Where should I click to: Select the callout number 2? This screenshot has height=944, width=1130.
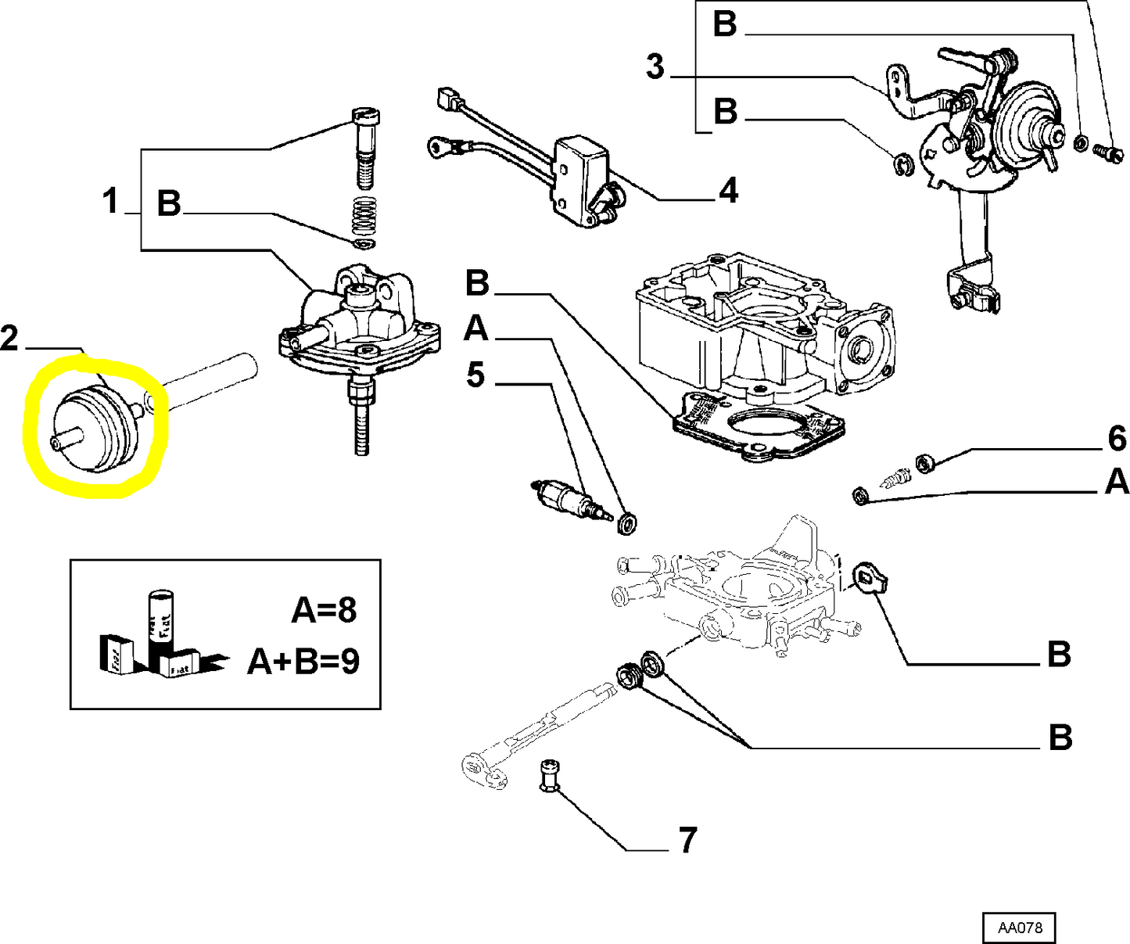[9, 339]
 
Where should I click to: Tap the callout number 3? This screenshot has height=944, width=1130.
[655, 67]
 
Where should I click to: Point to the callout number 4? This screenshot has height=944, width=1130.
[727, 190]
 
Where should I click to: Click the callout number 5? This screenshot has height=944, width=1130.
[475, 375]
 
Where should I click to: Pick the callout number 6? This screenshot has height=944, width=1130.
[1117, 439]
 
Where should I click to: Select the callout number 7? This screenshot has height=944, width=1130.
[687, 841]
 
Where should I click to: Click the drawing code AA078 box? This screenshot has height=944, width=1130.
[1018, 928]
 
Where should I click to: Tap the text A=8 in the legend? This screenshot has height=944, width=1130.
[324, 610]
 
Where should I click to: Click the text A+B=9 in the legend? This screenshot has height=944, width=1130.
[303, 662]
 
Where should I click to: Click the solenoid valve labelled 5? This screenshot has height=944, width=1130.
[566, 497]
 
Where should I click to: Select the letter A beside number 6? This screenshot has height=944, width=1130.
[1117, 482]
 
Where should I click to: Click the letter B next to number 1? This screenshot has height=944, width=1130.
[169, 203]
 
